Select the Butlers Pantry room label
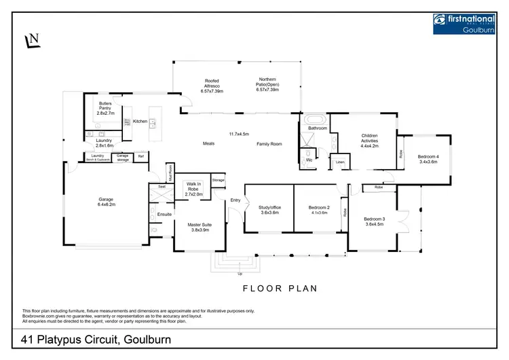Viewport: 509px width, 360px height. point(105,107)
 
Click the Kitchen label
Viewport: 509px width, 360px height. point(140,121)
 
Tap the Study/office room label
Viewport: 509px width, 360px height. point(269,209)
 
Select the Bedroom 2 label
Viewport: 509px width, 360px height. point(318,209)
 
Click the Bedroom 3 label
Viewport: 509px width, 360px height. point(374,221)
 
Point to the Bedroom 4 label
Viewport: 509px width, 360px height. point(428,158)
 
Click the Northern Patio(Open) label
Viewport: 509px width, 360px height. point(267,84)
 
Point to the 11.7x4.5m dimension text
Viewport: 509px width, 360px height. point(239,133)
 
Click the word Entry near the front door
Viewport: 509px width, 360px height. point(235,200)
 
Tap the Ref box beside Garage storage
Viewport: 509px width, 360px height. point(141,156)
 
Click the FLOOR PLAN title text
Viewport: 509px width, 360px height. point(280,288)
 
